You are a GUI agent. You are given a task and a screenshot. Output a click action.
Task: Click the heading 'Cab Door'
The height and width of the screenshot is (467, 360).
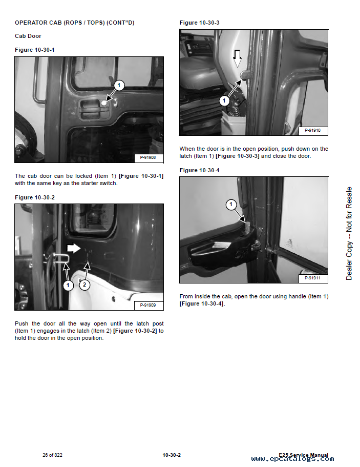(28, 36)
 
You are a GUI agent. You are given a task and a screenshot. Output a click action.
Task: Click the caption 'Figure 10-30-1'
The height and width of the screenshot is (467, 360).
(35, 49)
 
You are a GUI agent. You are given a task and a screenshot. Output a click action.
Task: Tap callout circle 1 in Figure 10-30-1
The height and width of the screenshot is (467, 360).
(118, 85)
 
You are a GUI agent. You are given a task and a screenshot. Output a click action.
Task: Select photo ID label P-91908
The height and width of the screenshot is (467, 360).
(148, 157)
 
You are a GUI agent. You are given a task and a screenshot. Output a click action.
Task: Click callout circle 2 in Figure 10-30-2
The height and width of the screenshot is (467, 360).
(85, 284)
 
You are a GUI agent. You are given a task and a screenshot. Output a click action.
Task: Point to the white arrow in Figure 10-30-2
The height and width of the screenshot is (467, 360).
(74, 249)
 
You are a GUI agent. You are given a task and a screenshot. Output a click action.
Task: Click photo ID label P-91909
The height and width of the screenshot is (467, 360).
(148, 305)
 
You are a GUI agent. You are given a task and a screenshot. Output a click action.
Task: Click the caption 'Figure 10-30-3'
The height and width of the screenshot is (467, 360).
(199, 23)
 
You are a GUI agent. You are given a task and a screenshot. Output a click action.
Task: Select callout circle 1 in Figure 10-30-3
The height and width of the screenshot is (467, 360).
(224, 101)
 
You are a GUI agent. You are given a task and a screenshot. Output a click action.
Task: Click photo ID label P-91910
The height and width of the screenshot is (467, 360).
(312, 131)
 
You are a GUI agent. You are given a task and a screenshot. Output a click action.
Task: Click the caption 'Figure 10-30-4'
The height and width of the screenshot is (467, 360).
(199, 170)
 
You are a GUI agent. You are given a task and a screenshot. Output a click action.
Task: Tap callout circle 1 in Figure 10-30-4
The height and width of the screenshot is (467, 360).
(231, 205)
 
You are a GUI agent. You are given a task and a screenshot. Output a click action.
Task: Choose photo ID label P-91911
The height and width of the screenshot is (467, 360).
(312, 278)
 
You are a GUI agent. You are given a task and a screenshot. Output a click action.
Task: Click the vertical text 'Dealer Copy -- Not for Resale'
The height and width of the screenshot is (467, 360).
(349, 233)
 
